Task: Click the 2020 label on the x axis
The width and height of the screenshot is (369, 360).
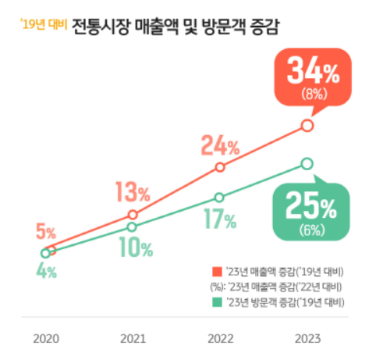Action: pos(46,340)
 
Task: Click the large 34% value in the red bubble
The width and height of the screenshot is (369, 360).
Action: pos(313,73)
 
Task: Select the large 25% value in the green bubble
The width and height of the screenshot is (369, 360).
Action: pos(310,207)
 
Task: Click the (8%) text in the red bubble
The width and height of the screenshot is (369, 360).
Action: pos(313,95)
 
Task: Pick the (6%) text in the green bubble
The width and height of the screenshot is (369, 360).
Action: pos(310,230)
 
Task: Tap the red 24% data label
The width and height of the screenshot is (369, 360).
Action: pos(219,145)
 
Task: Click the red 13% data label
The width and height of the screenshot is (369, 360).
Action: pos(133,191)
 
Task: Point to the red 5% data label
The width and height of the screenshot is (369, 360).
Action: pos(45,232)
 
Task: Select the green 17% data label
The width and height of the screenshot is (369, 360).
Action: pos(220,220)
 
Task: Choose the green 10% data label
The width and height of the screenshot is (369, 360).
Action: pos(136,248)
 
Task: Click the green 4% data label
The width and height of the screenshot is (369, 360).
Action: pos(46,273)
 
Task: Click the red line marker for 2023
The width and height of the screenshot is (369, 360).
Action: pos(307,125)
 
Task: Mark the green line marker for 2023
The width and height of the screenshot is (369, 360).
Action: pos(307,163)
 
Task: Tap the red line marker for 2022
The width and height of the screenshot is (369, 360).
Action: pos(220,167)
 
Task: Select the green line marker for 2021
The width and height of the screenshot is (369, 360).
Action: pos(133,226)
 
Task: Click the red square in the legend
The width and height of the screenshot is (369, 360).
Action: pos(216,271)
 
